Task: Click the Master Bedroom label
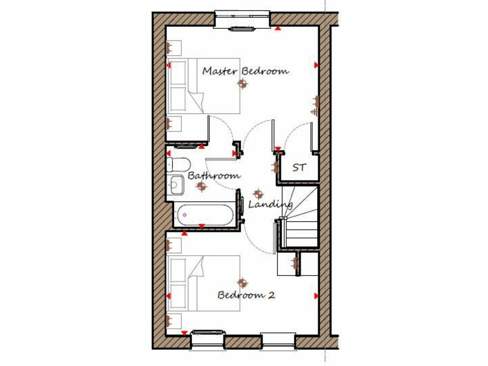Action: [x=245, y=71]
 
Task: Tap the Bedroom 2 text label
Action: [x=247, y=295]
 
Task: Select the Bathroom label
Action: [x=213, y=175]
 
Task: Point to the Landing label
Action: [x=271, y=205]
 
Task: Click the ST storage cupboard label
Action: [x=299, y=168]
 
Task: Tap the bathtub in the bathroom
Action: [x=205, y=214]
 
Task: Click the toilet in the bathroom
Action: [x=177, y=164]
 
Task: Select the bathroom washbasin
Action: [x=177, y=185]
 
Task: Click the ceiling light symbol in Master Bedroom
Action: [x=241, y=84]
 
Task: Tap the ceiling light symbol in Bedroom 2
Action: [x=241, y=282]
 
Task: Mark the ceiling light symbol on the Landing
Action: [x=257, y=194]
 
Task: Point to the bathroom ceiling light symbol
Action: [x=201, y=186]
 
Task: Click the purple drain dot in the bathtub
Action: [x=185, y=215]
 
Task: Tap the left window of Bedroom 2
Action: [x=207, y=339]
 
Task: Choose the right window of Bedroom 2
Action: [x=278, y=339]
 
